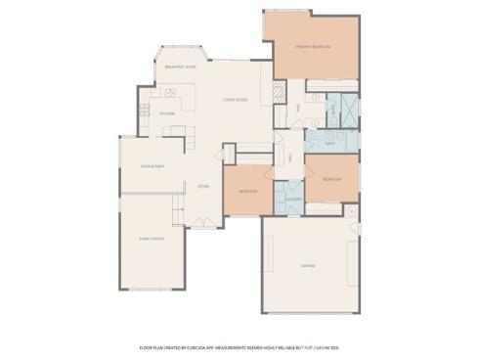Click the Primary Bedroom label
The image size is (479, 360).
(313, 47)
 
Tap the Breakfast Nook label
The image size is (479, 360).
(181, 67)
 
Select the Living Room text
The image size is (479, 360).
(235, 100)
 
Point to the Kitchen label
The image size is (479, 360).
(167, 113)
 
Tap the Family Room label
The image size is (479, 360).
(151, 239)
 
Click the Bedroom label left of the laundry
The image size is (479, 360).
(247, 192)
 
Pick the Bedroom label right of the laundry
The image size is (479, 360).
(331, 180)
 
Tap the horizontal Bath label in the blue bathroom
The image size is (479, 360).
(329, 143)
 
